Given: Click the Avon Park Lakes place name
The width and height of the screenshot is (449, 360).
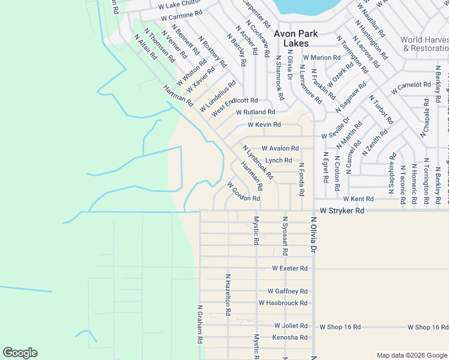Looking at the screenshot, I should pyautogui.click(x=295, y=38).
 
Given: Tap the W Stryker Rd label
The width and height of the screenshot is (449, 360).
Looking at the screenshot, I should pyautogui.click(x=342, y=211).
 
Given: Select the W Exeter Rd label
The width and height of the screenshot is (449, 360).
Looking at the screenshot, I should pyautogui.click(x=290, y=268).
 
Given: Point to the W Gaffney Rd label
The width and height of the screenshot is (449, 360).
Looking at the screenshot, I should pyautogui.click(x=288, y=291).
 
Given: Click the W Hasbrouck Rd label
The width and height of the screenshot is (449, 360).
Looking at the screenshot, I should pyautogui.click(x=283, y=303).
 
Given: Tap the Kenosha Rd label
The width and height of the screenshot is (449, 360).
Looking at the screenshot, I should pyautogui.click(x=291, y=338).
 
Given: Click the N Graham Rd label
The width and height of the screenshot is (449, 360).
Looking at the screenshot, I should pyautogui.click(x=200, y=323).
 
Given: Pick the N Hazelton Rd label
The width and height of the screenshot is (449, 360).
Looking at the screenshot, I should pyautogui.click(x=228, y=295).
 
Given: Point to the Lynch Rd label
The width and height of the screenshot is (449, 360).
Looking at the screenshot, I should pyautogui.click(x=279, y=160).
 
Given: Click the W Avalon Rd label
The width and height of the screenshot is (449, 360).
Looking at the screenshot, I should pyautogui.click(x=280, y=148).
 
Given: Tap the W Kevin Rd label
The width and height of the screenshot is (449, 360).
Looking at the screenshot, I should pyautogui.click(x=264, y=125).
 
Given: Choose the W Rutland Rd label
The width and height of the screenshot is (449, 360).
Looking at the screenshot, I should pyautogui.click(x=255, y=112).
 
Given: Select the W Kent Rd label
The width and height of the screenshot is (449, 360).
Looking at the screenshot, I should pyautogui.click(x=358, y=199).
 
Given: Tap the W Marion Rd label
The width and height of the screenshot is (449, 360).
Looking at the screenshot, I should pyautogui.click(x=322, y=58).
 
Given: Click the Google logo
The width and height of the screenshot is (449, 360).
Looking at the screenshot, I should pyautogui.click(x=20, y=353).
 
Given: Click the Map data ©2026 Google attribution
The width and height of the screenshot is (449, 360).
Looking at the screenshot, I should pyautogui.click(x=411, y=355).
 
